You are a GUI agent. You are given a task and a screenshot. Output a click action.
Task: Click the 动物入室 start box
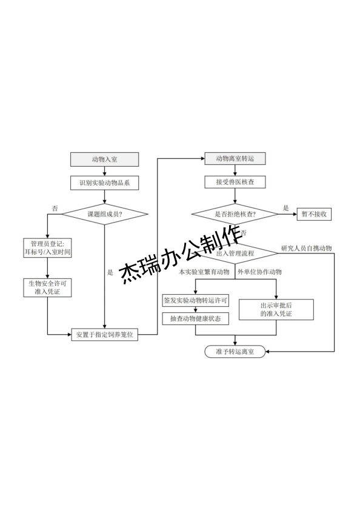coord(105,159)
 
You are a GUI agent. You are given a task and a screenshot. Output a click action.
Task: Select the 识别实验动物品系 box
coord(105,182)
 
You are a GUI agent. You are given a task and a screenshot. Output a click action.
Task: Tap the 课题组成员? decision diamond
coord(105,214)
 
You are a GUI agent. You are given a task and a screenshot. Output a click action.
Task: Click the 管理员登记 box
coord(47,247)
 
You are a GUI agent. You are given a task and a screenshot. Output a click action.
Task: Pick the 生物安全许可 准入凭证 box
coord(47,288)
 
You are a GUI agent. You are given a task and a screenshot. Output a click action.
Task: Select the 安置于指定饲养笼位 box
coord(105,334)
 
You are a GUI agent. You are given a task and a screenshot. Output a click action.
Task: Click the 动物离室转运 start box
coord(235,159)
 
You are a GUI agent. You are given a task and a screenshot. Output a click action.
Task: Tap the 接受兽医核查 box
coord(235,182)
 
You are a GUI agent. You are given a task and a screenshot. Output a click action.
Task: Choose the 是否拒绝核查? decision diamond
coord(235,214)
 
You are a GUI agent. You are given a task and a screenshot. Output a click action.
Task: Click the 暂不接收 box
coord(313,214)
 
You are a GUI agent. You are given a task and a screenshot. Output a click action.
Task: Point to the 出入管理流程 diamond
coord(235,252)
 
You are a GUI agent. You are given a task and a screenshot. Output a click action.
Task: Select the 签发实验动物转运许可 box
coord(195,300)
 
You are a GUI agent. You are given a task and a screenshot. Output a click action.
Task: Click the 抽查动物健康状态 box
coord(195,319)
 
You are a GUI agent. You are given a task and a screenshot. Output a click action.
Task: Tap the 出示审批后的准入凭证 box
coord(276,309)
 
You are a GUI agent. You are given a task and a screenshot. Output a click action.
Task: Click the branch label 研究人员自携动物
coord(306,249)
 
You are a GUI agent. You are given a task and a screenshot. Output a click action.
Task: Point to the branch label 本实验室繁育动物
coord(204,272)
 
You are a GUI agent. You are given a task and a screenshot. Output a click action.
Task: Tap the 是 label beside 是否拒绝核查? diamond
coord(286,207)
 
